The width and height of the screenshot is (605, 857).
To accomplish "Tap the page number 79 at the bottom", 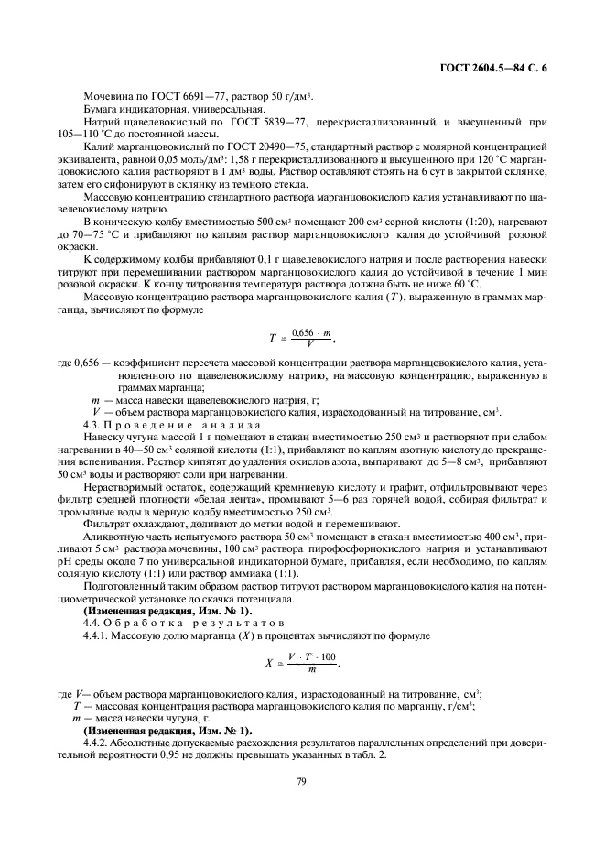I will [301, 780].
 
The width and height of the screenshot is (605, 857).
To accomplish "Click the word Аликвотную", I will [113, 534].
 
